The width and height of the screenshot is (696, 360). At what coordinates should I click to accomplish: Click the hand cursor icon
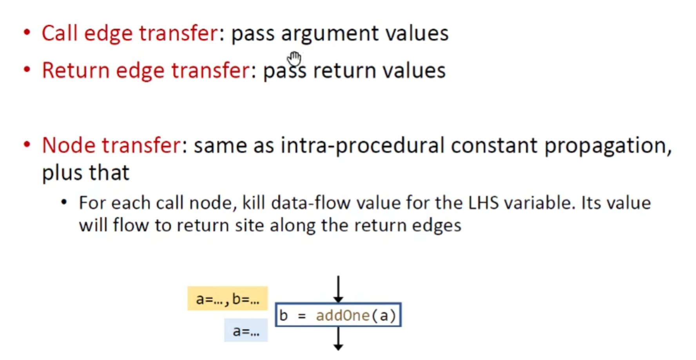pyautogui.click(x=294, y=59)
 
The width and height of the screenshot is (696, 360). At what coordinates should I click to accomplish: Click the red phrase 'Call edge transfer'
pyautogui.click(x=130, y=33)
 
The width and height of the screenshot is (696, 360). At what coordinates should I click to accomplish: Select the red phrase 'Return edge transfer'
pyautogui.click(x=146, y=70)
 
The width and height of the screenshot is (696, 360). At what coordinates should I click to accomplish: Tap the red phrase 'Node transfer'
pyautogui.click(x=112, y=145)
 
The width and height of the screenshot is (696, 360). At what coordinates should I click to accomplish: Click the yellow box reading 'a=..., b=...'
pyautogui.click(x=227, y=298)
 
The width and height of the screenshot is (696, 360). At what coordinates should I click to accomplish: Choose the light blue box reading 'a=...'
pyautogui.click(x=246, y=330)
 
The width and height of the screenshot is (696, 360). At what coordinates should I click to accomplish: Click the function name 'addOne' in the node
pyautogui.click(x=343, y=315)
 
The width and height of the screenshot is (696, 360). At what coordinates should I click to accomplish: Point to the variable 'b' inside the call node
pyautogui.click(x=283, y=315)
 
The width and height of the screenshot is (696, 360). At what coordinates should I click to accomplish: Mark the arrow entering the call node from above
pyautogui.click(x=338, y=289)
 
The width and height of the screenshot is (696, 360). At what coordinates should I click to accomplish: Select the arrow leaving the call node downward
pyautogui.click(x=338, y=338)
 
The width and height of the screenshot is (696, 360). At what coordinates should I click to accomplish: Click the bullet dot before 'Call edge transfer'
pyautogui.click(x=27, y=32)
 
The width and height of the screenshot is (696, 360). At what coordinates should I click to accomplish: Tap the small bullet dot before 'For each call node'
pyautogui.click(x=64, y=202)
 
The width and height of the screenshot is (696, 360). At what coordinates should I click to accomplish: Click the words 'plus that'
pyautogui.click(x=85, y=173)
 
